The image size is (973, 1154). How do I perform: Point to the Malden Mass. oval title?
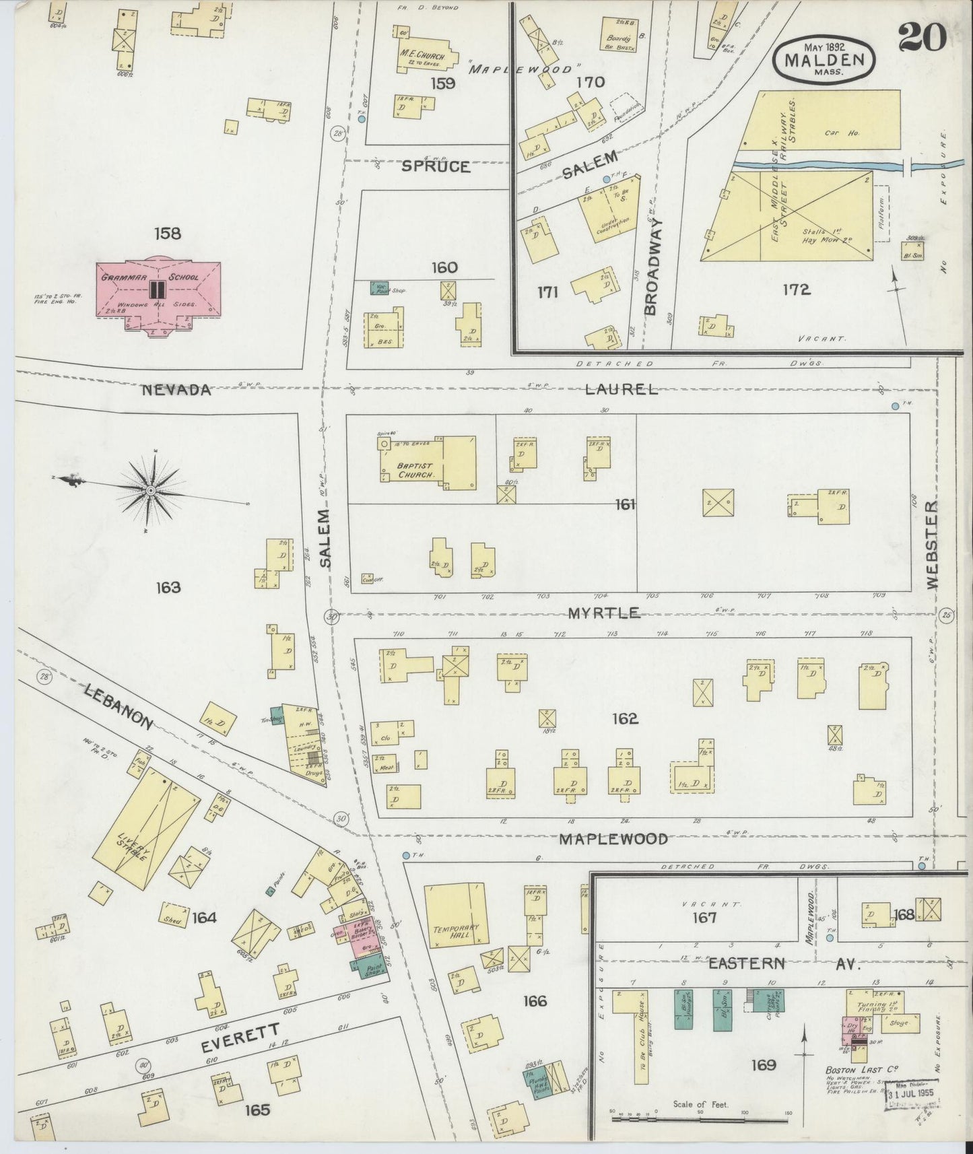pyautogui.click(x=829, y=61)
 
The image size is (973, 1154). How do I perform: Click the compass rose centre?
pyautogui.click(x=151, y=491)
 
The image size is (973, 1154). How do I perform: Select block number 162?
pyautogui.click(x=624, y=719)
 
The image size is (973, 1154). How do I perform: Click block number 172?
pyautogui.click(x=796, y=290)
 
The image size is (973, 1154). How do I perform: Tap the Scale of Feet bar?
pyautogui.click(x=700, y=1119)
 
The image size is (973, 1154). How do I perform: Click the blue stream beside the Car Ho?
pyautogui.click(x=821, y=165)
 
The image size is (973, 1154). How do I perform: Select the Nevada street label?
pyautogui.click(x=176, y=390)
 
